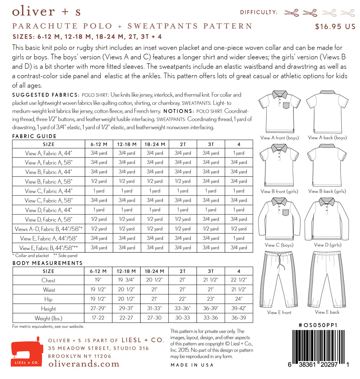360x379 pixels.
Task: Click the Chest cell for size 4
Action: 239,280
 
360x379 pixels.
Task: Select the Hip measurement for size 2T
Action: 183,299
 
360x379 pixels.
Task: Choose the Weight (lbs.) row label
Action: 48,318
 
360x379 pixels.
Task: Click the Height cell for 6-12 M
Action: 99,309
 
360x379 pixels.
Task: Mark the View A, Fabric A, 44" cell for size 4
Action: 239,153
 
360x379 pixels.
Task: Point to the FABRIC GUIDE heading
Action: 35,136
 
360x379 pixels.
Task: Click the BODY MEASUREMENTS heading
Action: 48,263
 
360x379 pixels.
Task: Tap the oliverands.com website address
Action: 84,364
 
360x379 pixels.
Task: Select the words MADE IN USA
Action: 192,365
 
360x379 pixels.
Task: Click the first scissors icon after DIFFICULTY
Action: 291,13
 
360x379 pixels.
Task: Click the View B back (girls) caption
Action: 327,191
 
